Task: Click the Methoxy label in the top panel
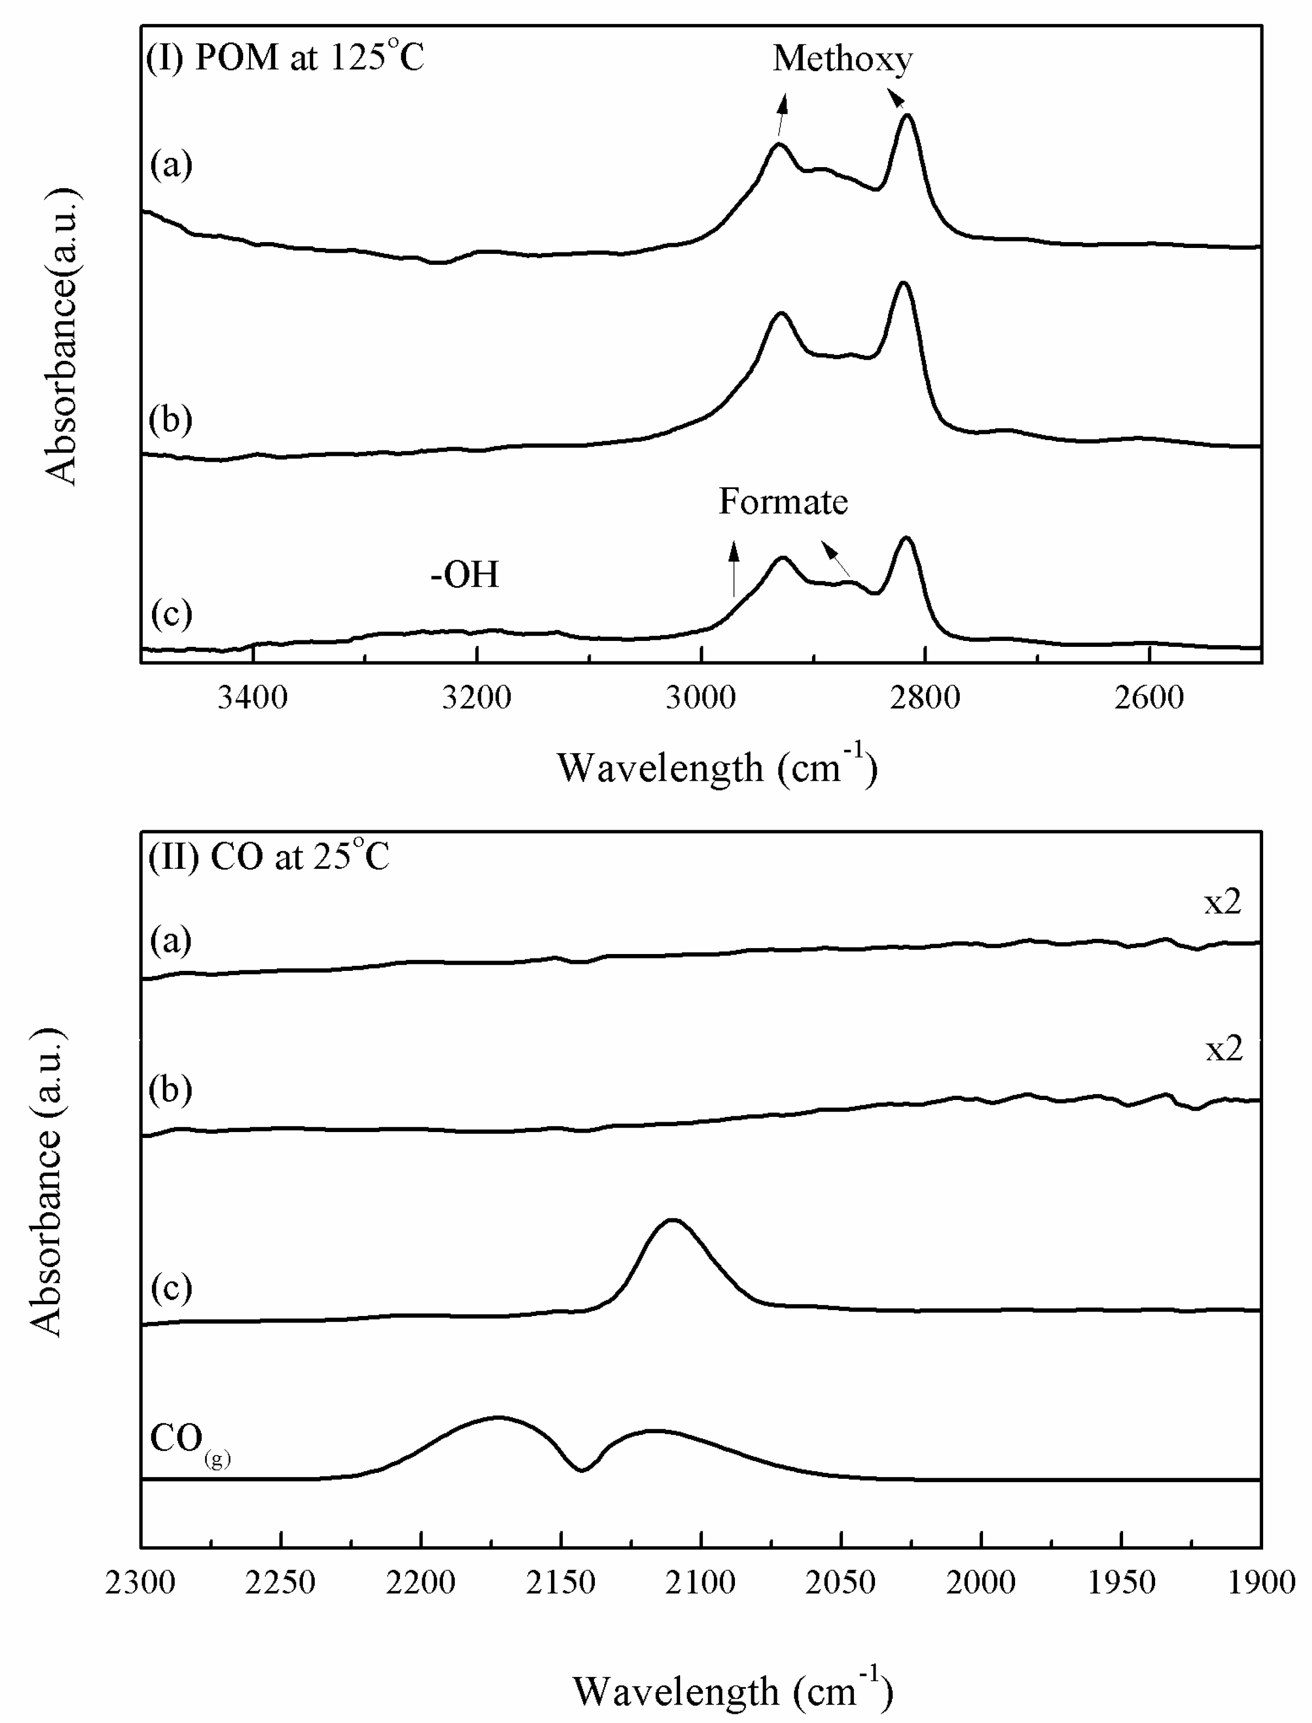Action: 842,59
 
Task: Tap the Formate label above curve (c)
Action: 783,502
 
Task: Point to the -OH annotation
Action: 465,575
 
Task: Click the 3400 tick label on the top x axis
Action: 252,697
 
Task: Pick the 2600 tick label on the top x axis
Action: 1149,697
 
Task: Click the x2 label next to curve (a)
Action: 1222,902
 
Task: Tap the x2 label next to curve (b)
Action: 1223,1049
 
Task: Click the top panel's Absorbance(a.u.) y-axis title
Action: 61,336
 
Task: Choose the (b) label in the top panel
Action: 170,420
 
